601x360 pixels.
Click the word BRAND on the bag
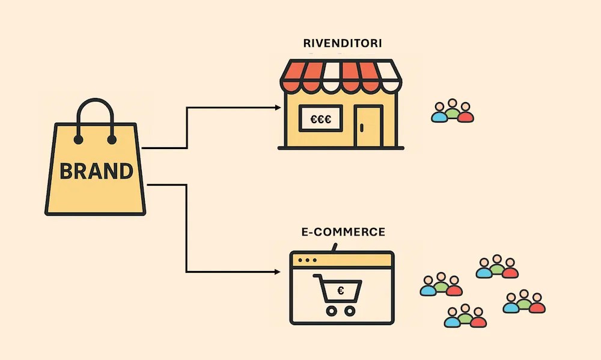pos(96,171)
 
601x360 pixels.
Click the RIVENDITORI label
pos(343,44)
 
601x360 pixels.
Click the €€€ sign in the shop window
pos(322,118)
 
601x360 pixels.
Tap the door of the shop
pos(368,126)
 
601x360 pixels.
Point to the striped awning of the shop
pos(340,75)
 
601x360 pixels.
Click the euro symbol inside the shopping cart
pos(341,291)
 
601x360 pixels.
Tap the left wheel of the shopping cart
pos(331,310)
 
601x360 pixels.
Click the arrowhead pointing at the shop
pos(277,108)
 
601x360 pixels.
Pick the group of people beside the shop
pos(453,112)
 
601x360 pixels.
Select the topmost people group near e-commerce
pos(497,267)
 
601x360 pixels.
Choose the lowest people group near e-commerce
pos(465,317)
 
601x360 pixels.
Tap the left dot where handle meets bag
pos(79,140)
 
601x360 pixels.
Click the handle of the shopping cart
pos(318,277)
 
